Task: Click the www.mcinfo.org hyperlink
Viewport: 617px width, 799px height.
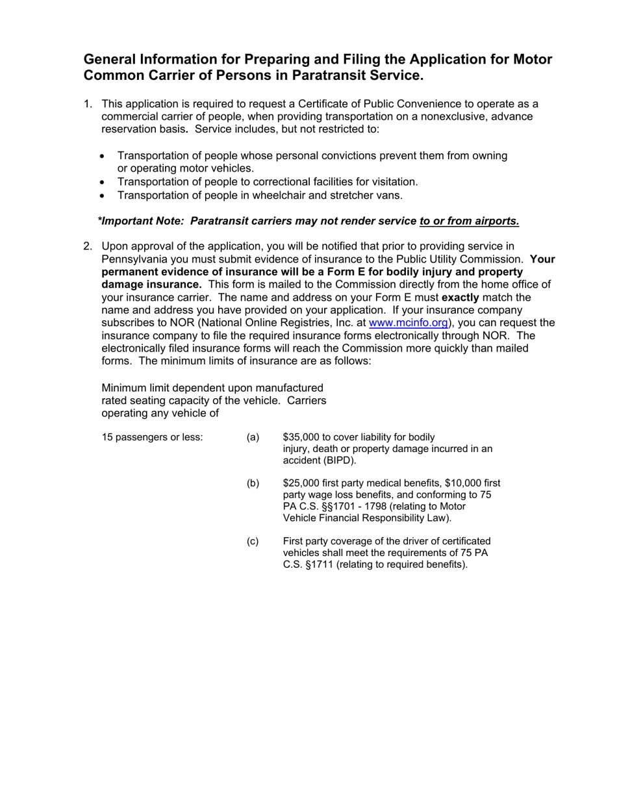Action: tap(408, 323)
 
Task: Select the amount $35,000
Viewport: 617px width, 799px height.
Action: tap(303, 437)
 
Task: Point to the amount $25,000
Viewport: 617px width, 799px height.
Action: tap(303, 483)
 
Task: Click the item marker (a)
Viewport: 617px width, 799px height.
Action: tap(253, 437)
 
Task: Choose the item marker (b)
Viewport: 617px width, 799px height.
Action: tap(253, 483)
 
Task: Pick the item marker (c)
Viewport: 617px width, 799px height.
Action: tap(253, 542)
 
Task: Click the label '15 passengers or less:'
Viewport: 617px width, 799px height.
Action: tap(153, 437)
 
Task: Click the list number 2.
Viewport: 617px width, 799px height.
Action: tap(88, 246)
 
